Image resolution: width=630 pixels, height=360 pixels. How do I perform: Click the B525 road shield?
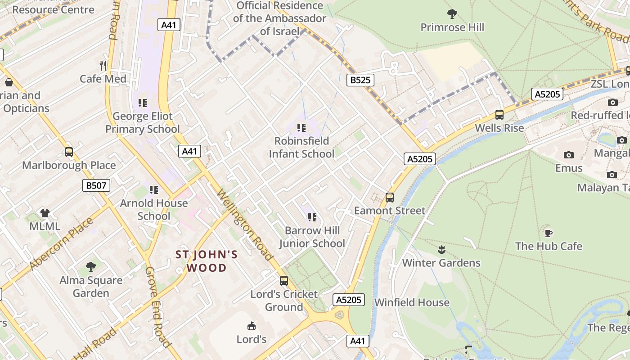point(360,80)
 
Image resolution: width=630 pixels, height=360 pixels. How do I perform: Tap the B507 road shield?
point(96,185)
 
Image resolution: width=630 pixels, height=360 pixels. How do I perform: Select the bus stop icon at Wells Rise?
point(499,115)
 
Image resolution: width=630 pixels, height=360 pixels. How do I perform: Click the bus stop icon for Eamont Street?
point(390,198)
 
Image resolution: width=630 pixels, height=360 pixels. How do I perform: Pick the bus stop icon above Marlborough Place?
point(69,152)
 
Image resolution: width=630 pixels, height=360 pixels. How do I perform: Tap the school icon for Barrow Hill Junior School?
point(312,218)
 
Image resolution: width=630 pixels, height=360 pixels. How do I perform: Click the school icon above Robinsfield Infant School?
point(301,128)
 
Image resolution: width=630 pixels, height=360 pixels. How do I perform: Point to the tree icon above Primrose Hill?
point(452,14)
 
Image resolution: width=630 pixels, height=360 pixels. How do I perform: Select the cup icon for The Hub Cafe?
point(548,233)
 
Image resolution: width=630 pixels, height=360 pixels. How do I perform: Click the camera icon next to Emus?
point(569,155)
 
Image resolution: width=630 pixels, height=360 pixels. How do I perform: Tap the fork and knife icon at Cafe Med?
point(103,66)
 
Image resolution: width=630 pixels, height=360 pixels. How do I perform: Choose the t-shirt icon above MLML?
point(45,213)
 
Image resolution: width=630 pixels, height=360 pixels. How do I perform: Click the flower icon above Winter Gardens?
point(441,250)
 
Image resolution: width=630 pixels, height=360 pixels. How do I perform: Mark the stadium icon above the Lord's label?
point(252,326)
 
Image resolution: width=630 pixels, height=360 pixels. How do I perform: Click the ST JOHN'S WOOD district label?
point(207,261)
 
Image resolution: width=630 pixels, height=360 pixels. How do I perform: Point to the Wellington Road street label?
point(245,225)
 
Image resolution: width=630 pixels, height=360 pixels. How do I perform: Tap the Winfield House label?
point(412,302)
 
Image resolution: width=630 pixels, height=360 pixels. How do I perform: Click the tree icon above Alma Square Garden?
point(91,267)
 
